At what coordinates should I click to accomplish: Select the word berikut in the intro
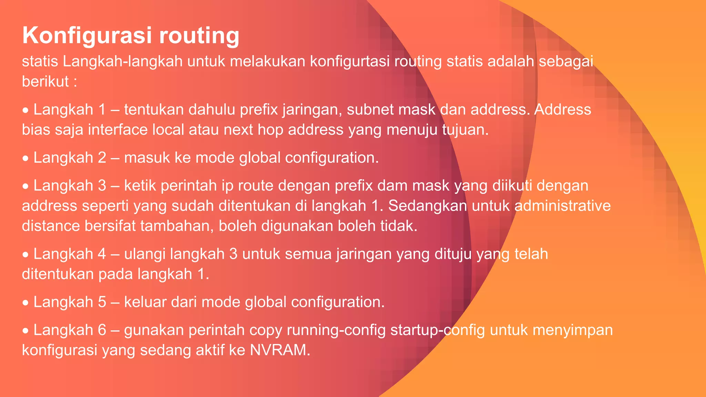[x=45, y=82]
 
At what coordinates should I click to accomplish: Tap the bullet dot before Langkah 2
[x=26, y=159]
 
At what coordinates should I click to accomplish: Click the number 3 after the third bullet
[x=102, y=186]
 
